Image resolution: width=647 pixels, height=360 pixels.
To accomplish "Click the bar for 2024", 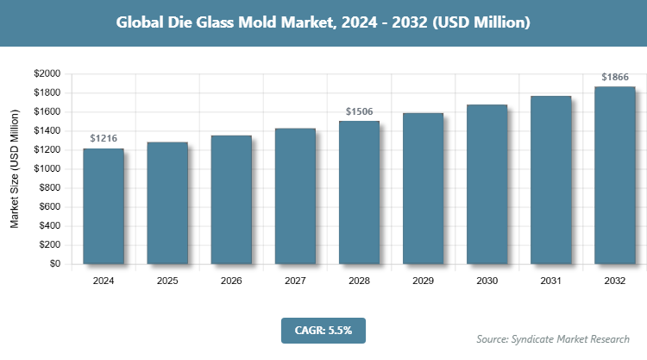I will coord(104,206).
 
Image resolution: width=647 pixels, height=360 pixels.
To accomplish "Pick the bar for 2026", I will coord(231,199).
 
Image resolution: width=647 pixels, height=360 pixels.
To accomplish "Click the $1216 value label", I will coord(104,138).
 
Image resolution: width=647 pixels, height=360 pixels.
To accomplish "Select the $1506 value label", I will coord(359,111).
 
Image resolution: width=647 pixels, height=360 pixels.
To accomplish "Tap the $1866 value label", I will coord(614,77).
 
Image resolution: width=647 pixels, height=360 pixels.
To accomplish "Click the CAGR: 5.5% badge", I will coord(323,329).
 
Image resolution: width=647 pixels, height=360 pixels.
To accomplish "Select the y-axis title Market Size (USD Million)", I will coord(15,169).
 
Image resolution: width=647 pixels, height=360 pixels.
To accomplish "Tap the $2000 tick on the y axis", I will coord(47,74).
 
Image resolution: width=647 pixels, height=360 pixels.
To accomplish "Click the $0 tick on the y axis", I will coord(54,264).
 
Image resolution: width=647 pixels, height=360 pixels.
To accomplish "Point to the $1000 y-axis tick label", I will coord(47,169).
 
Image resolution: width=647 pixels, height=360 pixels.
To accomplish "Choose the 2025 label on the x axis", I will coord(167,281).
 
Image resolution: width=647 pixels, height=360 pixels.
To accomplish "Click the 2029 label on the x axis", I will coord(423,281).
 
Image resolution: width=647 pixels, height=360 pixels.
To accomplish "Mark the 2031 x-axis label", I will coord(550,281).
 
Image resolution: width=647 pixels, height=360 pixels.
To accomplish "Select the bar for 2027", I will coord(295,196).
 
